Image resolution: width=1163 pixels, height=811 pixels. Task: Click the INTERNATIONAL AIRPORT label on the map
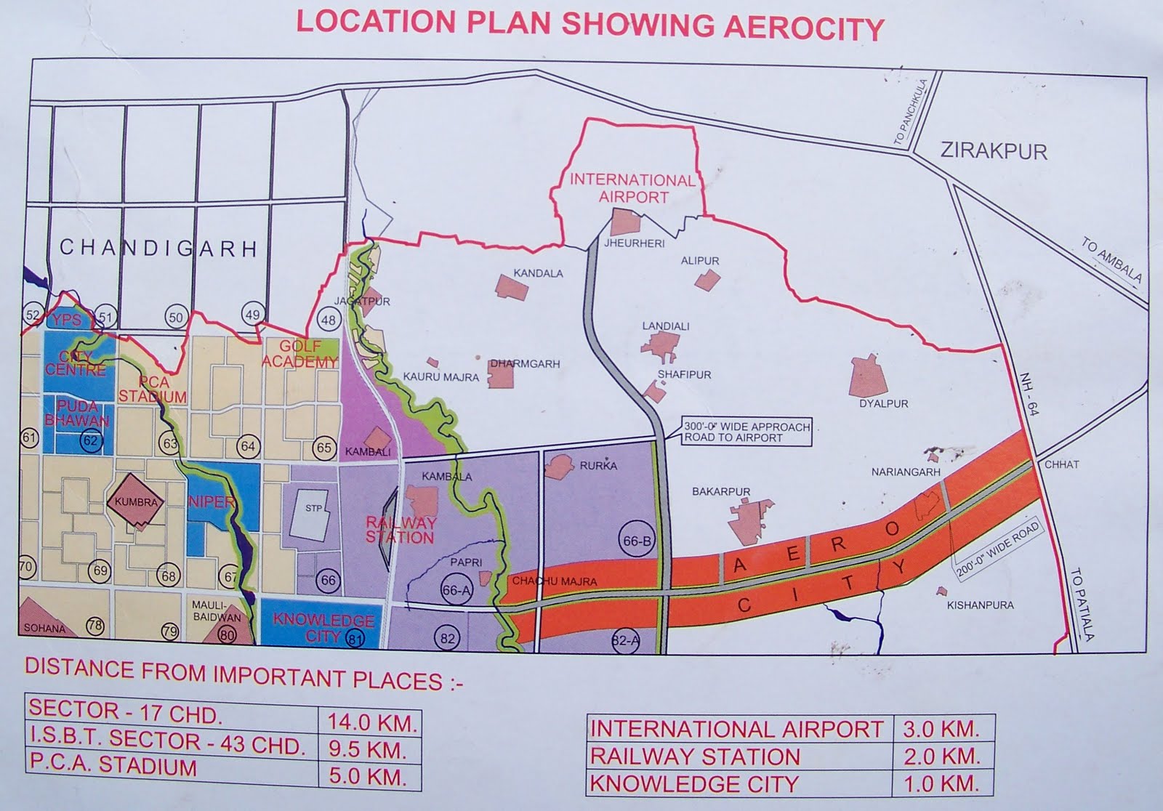[x=632, y=187]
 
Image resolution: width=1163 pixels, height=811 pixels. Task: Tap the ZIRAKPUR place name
[x=994, y=151]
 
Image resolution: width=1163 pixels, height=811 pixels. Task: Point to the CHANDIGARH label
[x=158, y=249]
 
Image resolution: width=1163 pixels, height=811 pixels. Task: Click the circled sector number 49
[x=252, y=315]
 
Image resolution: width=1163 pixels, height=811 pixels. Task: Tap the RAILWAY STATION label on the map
[x=400, y=530]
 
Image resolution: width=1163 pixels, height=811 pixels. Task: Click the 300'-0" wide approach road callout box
[x=746, y=432]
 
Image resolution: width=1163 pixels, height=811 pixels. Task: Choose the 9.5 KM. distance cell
[x=371, y=749]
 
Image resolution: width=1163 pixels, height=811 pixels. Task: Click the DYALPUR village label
[x=883, y=403]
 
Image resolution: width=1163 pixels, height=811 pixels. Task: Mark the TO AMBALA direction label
[x=1111, y=259]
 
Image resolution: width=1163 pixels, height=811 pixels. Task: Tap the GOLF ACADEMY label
[x=299, y=354]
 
